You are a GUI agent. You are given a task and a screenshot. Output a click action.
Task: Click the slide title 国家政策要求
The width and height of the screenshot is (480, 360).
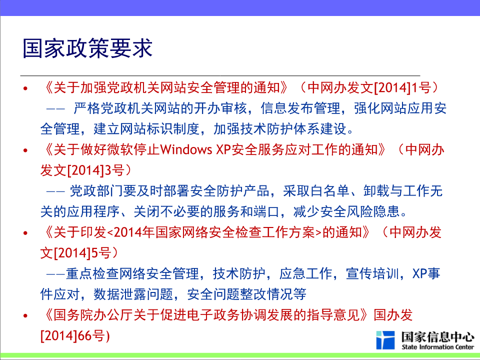[x=87, y=48]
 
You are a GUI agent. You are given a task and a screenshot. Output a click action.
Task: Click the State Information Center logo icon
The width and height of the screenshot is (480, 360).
[x=385, y=340]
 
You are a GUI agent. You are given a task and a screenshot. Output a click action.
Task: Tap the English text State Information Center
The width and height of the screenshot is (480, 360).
[x=438, y=347]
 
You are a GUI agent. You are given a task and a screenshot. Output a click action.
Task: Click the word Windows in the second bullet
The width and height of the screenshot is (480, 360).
[x=186, y=149]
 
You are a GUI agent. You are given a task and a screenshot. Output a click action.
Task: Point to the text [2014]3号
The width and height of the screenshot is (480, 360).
[x=95, y=170]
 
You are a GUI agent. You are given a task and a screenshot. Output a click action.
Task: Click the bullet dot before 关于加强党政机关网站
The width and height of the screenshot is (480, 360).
[x=25, y=89]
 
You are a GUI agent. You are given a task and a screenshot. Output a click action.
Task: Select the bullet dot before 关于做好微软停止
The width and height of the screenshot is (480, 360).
[x=25, y=150]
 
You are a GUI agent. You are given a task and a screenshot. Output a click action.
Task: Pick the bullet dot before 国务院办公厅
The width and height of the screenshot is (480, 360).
[x=25, y=315]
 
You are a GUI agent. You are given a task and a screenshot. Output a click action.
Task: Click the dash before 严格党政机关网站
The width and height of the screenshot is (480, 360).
[x=55, y=108]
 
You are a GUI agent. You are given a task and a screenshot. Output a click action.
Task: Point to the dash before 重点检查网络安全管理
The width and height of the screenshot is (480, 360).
[x=55, y=273]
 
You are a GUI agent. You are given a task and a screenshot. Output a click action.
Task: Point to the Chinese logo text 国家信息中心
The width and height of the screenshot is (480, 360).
[x=438, y=336]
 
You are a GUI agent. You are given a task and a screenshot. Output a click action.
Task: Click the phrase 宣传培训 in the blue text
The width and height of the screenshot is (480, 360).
[x=372, y=273]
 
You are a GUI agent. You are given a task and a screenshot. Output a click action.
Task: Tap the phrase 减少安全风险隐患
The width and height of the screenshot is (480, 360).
[x=346, y=211]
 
